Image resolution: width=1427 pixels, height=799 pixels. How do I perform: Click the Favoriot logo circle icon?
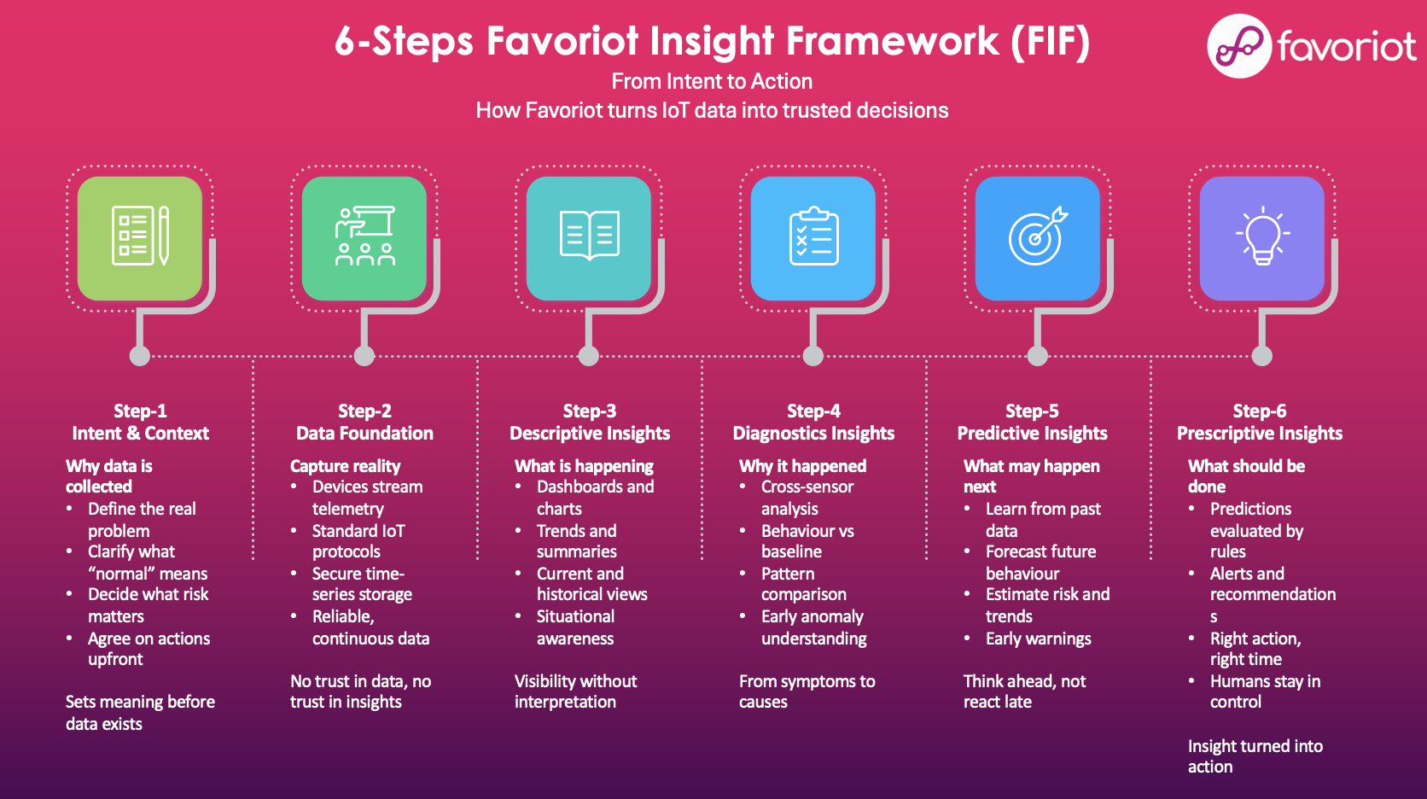click(1239, 46)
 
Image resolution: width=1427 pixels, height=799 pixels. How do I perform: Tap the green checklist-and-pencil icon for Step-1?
click(140, 236)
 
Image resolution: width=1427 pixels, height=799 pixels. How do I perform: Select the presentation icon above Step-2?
click(364, 236)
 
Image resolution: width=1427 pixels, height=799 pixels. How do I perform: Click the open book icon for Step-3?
click(589, 236)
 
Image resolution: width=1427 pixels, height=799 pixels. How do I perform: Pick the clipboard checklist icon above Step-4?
click(813, 236)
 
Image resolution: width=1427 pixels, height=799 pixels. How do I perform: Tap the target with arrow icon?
click(1038, 236)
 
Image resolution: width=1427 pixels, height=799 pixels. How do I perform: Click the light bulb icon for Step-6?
click(1262, 236)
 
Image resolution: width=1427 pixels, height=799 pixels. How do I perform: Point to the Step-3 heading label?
click(589, 411)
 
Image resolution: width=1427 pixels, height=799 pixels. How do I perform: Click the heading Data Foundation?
click(364, 434)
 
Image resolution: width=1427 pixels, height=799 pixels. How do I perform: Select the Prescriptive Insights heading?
click(1260, 434)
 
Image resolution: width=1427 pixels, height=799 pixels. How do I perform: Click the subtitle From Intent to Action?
click(712, 82)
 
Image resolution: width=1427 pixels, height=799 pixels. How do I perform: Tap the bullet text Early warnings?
click(1038, 639)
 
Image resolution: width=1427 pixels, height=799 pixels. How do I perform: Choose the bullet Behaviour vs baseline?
click(807, 541)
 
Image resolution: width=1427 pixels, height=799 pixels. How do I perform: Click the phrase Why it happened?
click(802, 466)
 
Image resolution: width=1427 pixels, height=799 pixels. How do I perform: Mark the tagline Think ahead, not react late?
click(1024, 691)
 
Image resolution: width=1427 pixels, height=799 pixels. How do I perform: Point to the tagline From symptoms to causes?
click(807, 691)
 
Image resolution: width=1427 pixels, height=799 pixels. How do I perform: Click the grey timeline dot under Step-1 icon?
click(140, 356)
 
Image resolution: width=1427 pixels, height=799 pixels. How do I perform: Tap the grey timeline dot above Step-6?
click(1262, 356)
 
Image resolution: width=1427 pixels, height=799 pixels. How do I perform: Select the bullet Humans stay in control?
click(1265, 691)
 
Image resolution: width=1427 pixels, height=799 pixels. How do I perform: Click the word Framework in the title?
click(893, 41)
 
